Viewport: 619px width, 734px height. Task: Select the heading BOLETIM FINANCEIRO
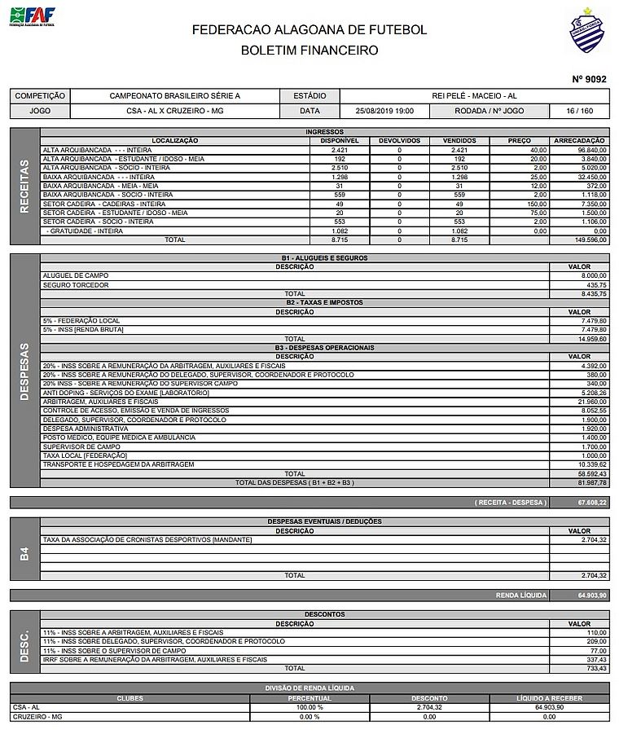309,50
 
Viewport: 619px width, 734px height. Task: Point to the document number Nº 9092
590,79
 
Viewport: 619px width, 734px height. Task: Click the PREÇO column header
519,141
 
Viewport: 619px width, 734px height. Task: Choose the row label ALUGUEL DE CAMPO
72,276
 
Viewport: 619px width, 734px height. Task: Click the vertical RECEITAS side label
24,187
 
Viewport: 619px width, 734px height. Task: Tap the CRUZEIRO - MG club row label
37,716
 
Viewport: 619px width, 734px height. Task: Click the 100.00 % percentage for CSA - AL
309,707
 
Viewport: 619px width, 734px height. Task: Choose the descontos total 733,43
593,668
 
